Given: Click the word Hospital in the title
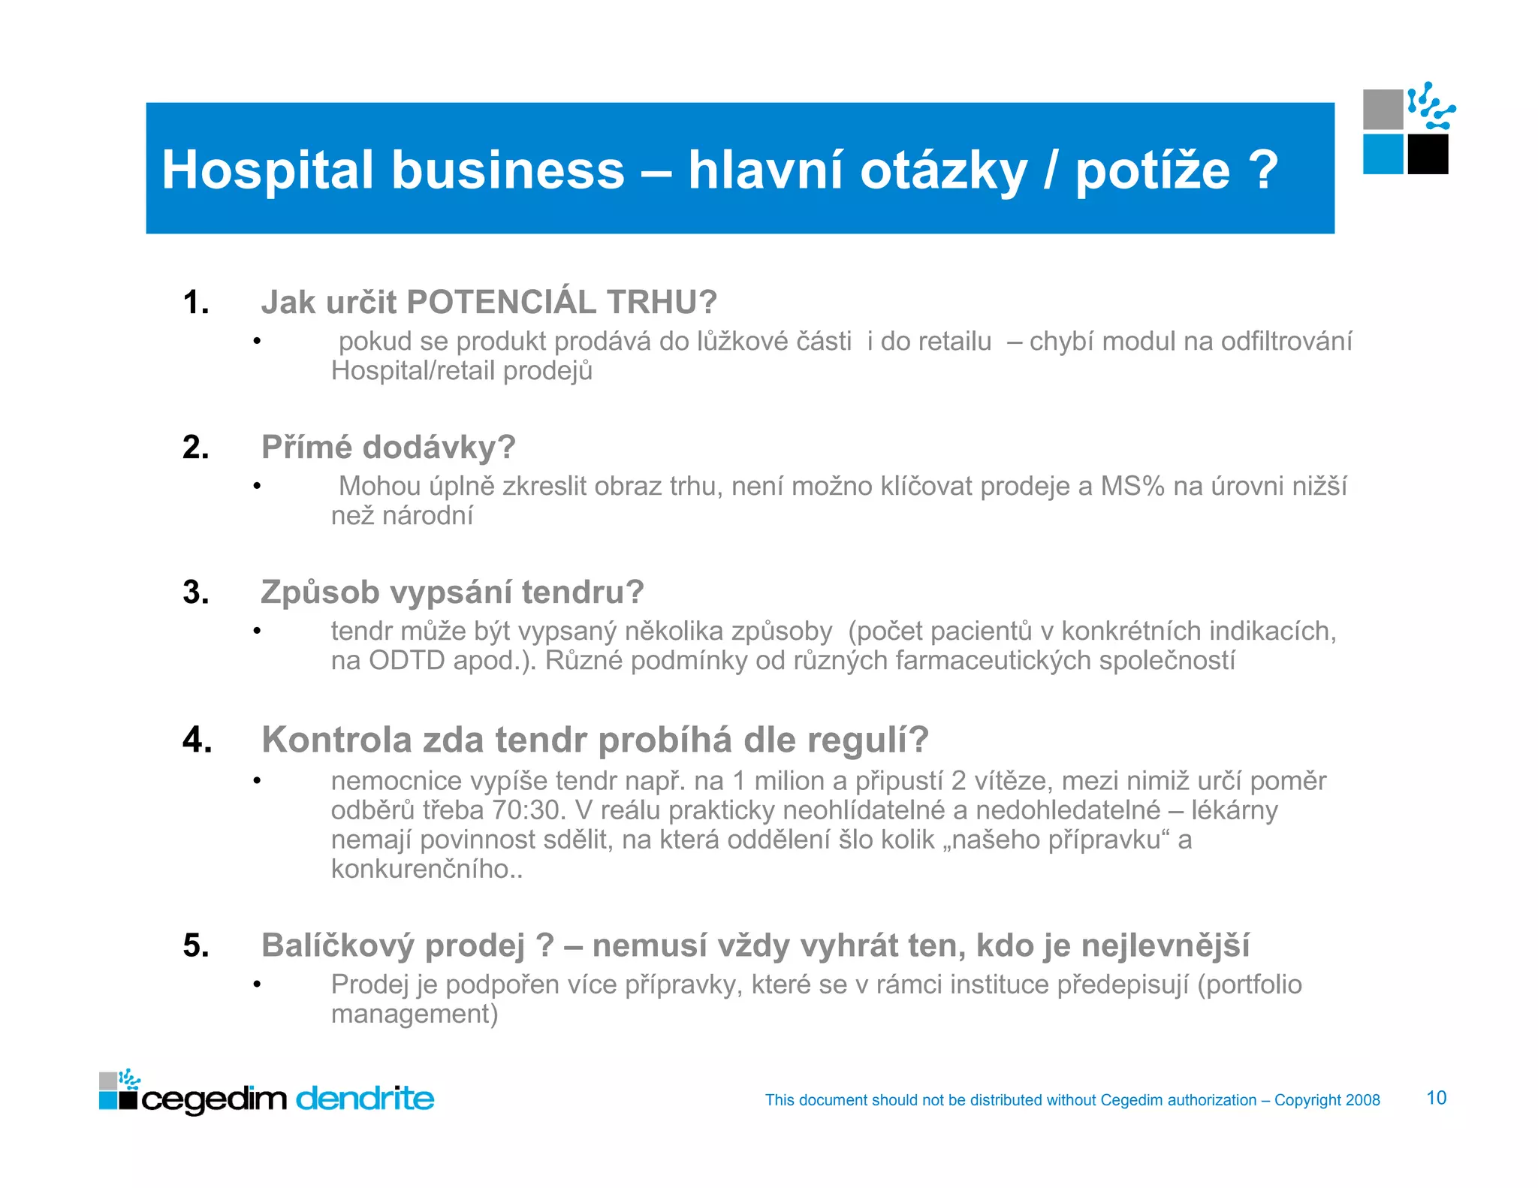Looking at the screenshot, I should tap(267, 170).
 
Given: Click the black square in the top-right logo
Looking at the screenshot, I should tap(1428, 155).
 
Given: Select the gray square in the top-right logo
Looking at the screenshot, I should tap(1383, 110).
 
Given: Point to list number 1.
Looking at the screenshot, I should tap(196, 303).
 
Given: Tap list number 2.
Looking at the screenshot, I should tap(196, 448).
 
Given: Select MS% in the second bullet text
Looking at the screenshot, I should tap(1132, 487).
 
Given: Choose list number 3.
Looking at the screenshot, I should tap(196, 592).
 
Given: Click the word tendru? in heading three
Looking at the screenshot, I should tap(583, 592).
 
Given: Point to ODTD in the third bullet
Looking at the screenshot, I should tap(406, 661).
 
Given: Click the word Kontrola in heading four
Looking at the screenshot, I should tap(336, 740).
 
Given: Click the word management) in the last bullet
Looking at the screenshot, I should tap(415, 1015).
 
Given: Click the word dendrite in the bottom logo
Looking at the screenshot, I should tap(365, 1099).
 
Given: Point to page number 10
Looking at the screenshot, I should tap(1436, 1098).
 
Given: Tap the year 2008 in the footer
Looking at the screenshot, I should tap(1362, 1100).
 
